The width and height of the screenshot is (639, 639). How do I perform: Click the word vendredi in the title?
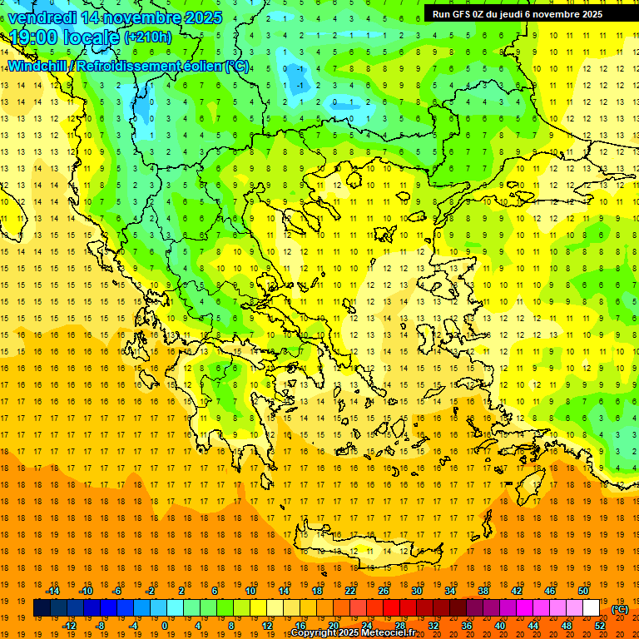point(43,17)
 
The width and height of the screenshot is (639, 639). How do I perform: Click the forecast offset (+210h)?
point(148,37)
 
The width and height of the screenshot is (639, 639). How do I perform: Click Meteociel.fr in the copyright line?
point(384,633)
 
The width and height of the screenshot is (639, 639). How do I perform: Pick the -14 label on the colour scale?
point(52,591)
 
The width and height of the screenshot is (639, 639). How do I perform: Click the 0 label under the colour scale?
point(165,626)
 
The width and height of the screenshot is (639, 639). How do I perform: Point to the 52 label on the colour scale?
point(600,626)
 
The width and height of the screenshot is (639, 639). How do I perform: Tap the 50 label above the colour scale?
point(583,591)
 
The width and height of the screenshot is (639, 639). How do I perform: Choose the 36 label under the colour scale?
point(466,626)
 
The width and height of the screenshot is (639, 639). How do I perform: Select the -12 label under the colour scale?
point(69,626)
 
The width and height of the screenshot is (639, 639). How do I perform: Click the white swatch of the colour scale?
point(591,608)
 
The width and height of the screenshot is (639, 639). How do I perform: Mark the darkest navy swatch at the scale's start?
point(42,608)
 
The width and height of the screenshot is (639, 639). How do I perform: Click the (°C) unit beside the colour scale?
point(620,609)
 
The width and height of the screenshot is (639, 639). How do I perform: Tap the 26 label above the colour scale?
point(384,591)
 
